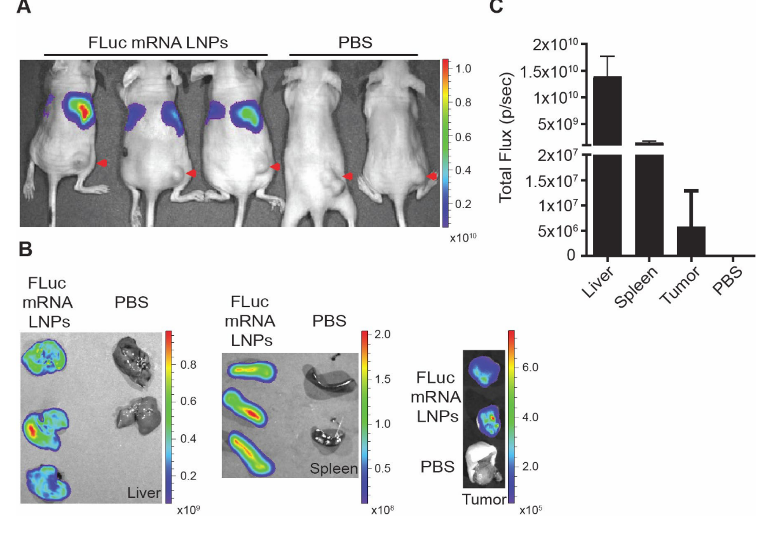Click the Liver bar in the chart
pos(608,163)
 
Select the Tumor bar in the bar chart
pos(691,241)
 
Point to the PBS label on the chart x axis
pos(728,281)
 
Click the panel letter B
pos(25,250)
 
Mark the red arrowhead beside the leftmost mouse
pos(102,163)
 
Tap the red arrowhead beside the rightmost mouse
pos(432,176)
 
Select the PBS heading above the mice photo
pos(355,43)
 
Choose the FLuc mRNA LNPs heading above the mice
pos(158,43)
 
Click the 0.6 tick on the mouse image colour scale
pos(463,137)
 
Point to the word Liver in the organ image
pos(144,493)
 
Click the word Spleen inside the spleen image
pos(334,468)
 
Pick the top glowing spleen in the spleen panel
pos(252,371)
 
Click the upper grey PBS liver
pos(132,364)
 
